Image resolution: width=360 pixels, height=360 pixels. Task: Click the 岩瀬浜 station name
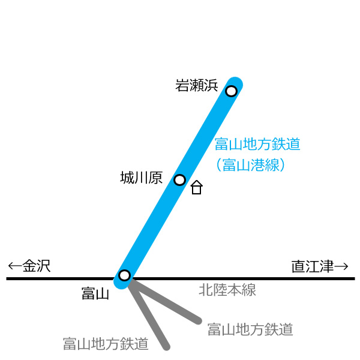point(197,85)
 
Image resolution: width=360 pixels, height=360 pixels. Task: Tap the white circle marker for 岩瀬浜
point(231,91)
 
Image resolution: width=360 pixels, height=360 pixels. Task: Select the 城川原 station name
point(142,178)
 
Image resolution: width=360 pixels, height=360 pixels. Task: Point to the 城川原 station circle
point(180,180)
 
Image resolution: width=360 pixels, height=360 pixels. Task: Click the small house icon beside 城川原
point(197,187)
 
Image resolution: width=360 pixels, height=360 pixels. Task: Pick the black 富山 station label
point(95,293)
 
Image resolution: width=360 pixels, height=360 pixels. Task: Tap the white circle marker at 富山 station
point(125,275)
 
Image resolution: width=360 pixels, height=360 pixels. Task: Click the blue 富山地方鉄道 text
point(257,144)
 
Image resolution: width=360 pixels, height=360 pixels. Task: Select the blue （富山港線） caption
point(250,164)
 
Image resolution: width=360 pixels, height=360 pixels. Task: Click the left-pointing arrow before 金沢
point(15,266)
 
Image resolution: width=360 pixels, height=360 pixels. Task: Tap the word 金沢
point(37,266)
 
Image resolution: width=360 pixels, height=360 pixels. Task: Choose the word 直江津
point(313,266)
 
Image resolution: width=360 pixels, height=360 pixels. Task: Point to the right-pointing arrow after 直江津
point(341,266)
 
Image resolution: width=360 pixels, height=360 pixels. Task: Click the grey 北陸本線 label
point(227,290)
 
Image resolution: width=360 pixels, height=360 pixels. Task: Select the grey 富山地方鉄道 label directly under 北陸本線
point(250,329)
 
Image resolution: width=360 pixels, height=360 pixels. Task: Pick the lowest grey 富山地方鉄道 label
point(106,344)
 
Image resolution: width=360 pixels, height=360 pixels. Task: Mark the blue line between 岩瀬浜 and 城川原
point(205,136)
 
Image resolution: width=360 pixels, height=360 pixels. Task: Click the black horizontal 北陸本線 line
point(181,279)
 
